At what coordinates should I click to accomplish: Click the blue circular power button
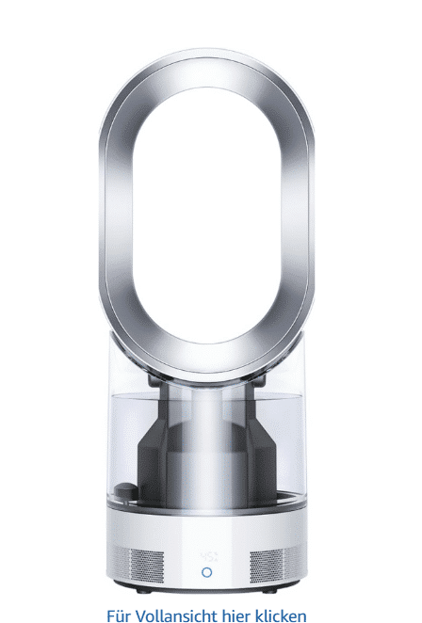(206, 572)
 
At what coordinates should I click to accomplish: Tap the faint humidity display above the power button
(209, 556)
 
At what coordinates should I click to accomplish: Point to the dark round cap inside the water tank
(126, 490)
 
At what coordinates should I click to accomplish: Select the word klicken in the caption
(282, 615)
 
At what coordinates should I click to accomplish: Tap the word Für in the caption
(119, 615)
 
